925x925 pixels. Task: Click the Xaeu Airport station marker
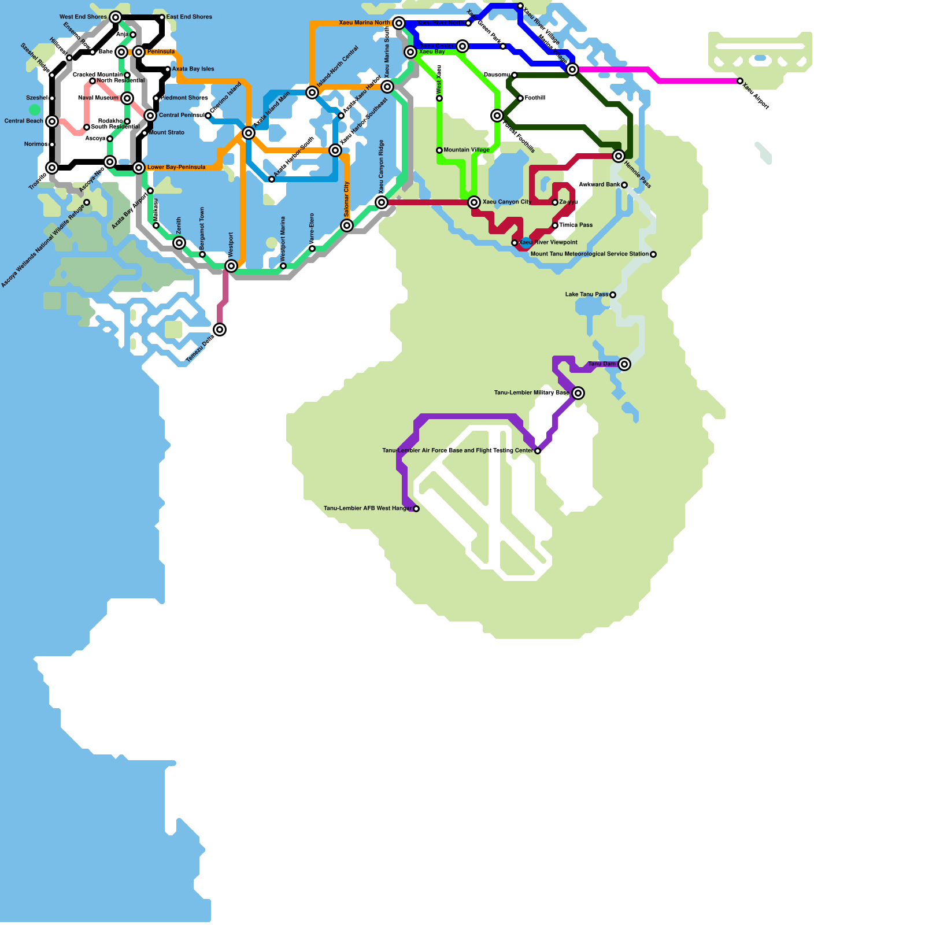(740, 81)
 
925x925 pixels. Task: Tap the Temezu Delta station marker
(220, 330)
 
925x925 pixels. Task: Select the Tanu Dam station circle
(624, 364)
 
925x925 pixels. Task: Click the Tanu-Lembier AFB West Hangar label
(368, 509)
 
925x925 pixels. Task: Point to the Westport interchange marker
(231, 266)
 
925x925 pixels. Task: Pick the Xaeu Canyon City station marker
(474, 202)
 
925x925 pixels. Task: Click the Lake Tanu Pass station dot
(613, 295)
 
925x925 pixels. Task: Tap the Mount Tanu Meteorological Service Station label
(589, 254)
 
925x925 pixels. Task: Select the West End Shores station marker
(116, 17)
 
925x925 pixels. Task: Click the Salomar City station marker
(347, 225)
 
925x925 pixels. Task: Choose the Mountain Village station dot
(439, 150)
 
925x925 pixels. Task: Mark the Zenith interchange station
(179, 243)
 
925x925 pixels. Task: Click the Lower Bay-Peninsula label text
(176, 168)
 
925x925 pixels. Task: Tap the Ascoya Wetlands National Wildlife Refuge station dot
(87, 202)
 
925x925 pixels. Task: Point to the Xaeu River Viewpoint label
(548, 243)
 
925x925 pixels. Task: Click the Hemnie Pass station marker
(619, 156)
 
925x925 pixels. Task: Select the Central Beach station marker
(52, 121)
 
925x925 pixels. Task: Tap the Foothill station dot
(520, 98)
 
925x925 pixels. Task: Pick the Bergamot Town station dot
(202, 254)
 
